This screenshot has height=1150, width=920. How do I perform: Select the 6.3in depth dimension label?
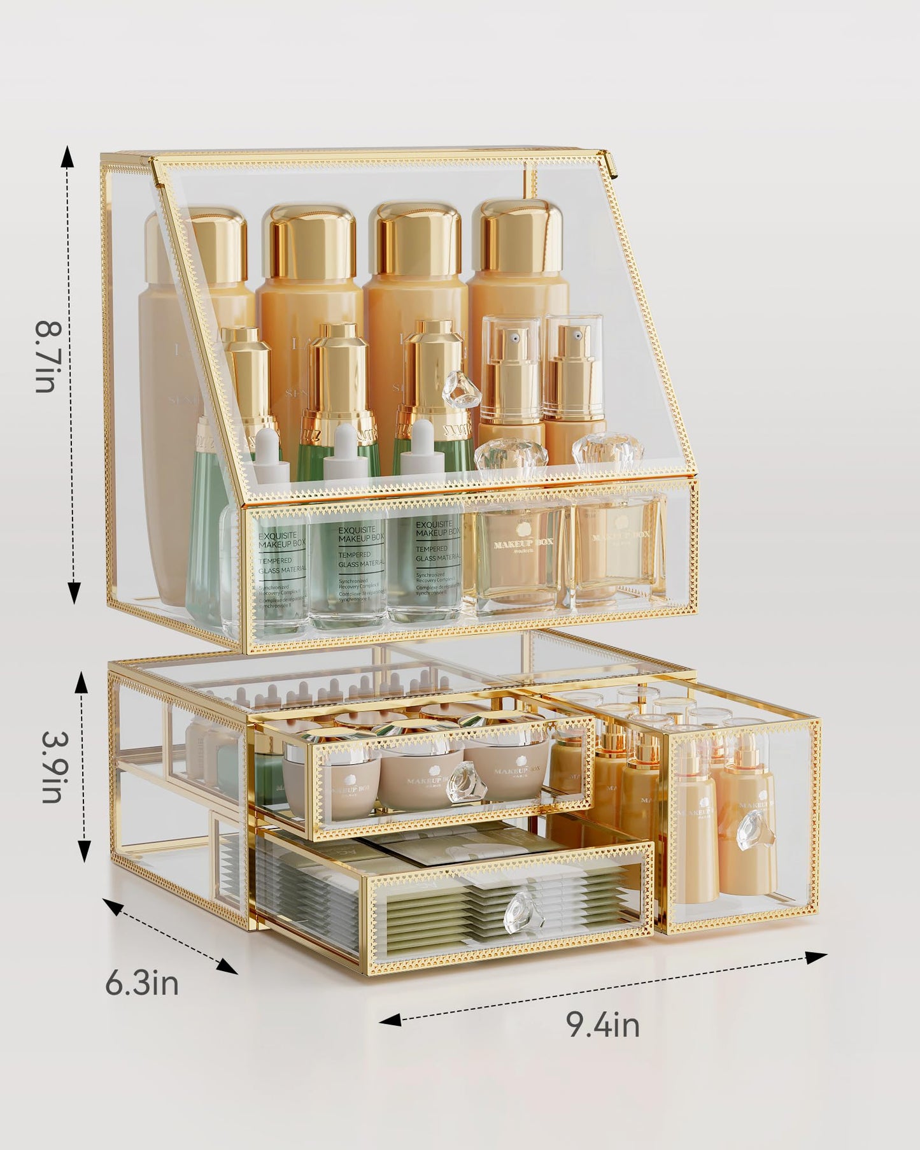pos(141,984)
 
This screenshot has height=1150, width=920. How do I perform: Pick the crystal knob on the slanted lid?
pos(462,389)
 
